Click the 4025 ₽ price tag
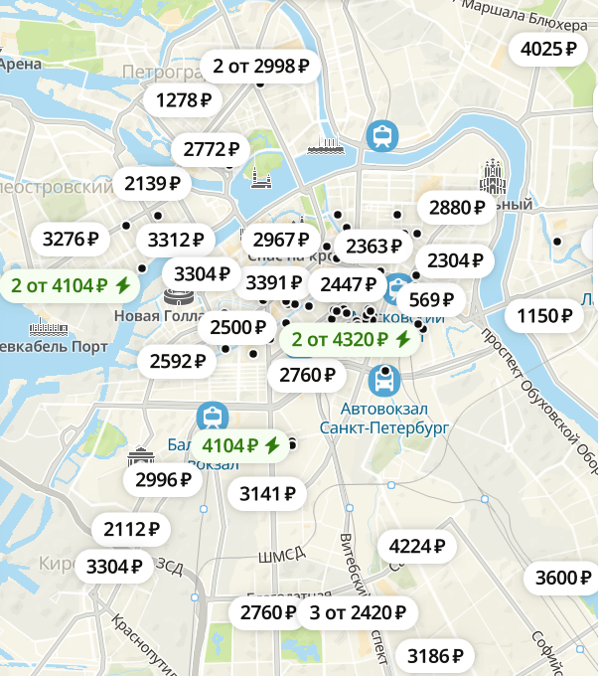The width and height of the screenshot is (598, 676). (548, 49)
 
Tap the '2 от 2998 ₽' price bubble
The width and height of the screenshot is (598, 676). (261, 67)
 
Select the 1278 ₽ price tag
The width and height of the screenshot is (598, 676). (184, 99)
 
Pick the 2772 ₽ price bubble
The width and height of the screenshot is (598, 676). (212, 150)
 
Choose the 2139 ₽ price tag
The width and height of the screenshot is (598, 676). (152, 183)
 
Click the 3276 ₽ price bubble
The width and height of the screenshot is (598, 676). (71, 239)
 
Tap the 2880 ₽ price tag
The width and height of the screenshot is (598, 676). (457, 208)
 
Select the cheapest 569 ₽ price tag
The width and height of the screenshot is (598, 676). (431, 299)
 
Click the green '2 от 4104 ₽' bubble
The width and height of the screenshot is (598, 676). (71, 286)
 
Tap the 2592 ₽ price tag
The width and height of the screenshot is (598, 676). (178, 361)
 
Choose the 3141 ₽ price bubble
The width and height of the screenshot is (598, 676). (267, 492)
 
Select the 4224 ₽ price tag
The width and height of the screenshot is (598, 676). (416, 546)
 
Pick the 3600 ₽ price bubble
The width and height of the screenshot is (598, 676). (562, 578)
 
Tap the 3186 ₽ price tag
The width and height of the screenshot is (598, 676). (436, 655)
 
